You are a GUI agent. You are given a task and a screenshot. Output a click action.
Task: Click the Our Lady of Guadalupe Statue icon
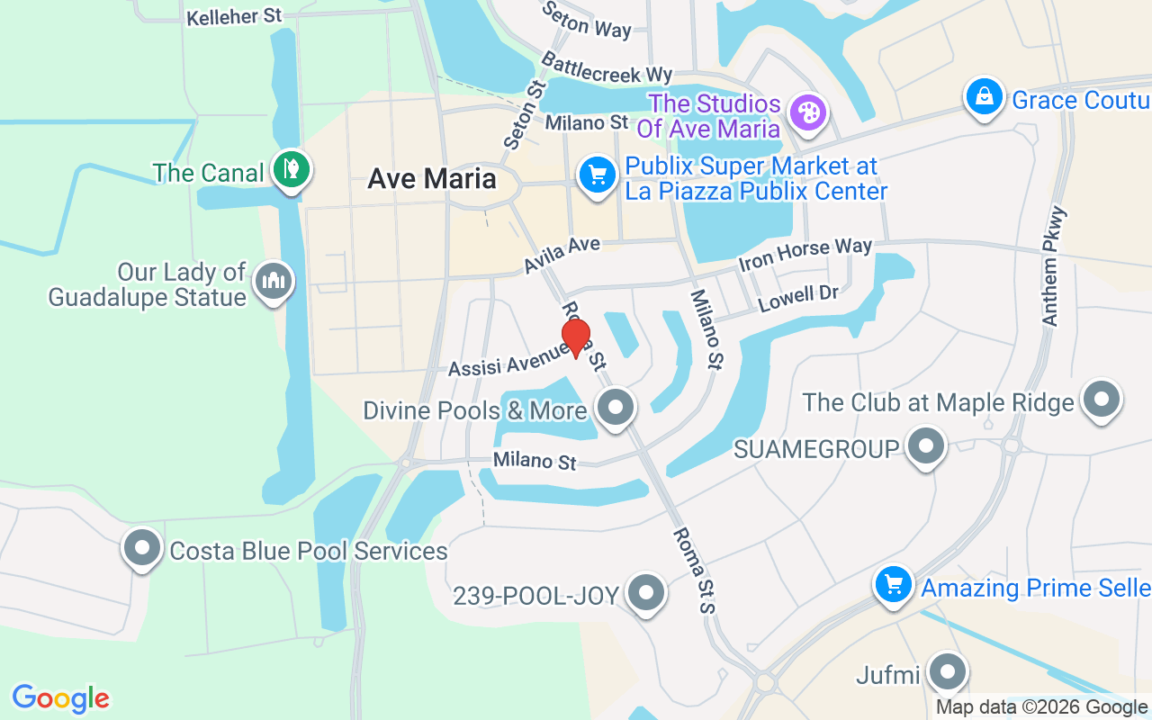tap(271, 281)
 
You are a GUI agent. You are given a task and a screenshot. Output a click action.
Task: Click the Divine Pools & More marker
tap(616, 407)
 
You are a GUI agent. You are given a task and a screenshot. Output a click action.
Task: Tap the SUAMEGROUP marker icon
tap(925, 445)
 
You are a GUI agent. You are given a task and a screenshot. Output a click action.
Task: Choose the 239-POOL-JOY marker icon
tap(645, 593)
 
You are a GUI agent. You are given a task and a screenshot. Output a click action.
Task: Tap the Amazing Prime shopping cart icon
tap(894, 585)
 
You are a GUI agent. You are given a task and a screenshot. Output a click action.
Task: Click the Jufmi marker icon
tap(946, 671)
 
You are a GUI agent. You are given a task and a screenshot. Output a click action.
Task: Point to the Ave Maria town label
tap(432, 178)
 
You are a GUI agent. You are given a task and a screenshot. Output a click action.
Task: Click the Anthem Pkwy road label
tap(1055, 265)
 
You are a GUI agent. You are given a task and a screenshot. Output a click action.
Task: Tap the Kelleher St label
tap(234, 17)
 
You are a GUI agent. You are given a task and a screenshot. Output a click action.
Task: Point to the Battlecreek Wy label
tap(607, 65)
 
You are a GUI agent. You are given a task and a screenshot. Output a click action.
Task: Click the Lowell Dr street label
tap(798, 298)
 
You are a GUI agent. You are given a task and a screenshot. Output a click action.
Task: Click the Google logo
tap(60, 698)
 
